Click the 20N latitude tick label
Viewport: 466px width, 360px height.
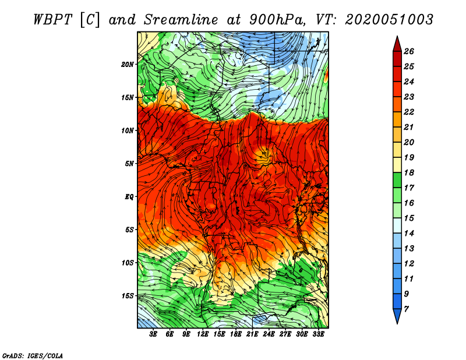click(128, 64)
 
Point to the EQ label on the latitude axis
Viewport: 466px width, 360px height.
click(129, 196)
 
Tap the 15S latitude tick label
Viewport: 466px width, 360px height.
click(128, 296)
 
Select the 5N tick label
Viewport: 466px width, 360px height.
click(129, 164)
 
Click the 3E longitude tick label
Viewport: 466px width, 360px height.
click(153, 334)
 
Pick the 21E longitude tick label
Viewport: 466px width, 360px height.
click(252, 334)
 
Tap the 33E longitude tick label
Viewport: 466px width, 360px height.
click(318, 334)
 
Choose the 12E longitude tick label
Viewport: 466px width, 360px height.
click(202, 334)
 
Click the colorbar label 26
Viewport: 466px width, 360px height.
click(409, 51)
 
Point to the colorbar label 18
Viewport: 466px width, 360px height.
click(409, 172)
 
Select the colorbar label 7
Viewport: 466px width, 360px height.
click(406, 309)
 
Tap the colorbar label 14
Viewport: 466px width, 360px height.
click(409, 234)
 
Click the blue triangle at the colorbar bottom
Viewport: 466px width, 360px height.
click(397, 315)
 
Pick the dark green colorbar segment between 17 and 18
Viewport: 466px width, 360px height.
click(397, 180)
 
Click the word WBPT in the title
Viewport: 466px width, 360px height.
click(52, 20)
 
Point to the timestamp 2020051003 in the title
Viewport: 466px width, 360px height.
click(389, 20)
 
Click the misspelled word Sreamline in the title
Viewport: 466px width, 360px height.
click(181, 20)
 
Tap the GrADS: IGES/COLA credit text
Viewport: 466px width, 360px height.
click(33, 355)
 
